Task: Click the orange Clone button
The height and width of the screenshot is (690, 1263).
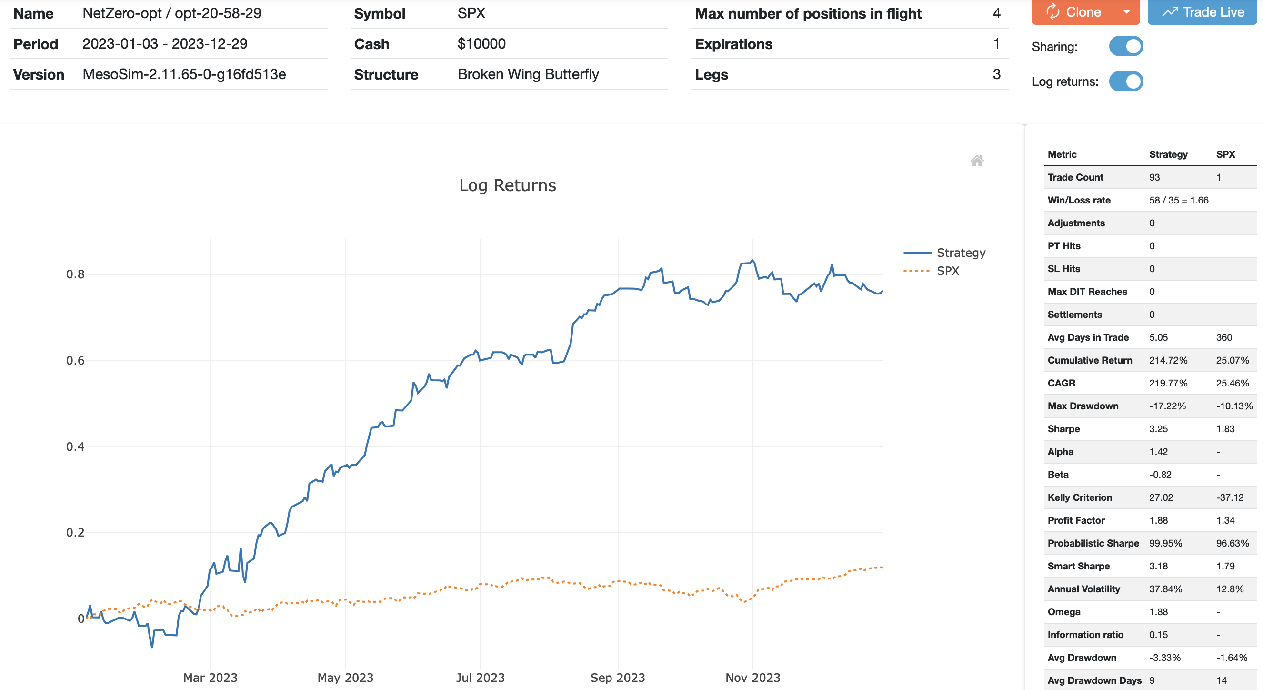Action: [x=1073, y=12]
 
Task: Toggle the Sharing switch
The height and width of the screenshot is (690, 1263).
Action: [x=1126, y=46]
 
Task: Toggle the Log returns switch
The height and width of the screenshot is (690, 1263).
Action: [x=1126, y=81]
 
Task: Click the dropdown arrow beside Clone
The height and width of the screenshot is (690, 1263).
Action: [x=1127, y=12]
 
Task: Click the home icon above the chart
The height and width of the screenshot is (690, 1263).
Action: [x=977, y=161]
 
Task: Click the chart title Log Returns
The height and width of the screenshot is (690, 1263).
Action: [x=508, y=185]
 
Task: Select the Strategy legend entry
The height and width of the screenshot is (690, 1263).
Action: [x=960, y=253]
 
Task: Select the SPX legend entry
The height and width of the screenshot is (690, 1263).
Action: [x=947, y=271]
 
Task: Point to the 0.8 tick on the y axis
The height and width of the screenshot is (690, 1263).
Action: [x=75, y=274]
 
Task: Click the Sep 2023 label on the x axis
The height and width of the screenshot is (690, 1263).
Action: [x=617, y=678]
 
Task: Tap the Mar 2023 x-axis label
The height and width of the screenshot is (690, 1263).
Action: [x=210, y=678]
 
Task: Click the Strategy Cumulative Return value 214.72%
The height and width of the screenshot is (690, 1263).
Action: [x=1168, y=360]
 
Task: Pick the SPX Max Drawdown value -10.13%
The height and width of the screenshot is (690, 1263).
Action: [x=1234, y=406]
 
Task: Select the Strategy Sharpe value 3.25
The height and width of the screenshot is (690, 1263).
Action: [x=1158, y=429]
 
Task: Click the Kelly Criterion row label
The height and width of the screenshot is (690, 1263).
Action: [x=1080, y=497]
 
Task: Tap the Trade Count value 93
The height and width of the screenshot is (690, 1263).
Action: [x=1154, y=178]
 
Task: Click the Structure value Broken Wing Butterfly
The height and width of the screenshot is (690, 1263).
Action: [x=528, y=74]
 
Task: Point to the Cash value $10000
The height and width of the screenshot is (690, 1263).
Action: [x=481, y=44]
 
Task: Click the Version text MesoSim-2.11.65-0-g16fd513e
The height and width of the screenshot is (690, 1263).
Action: [x=184, y=74]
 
